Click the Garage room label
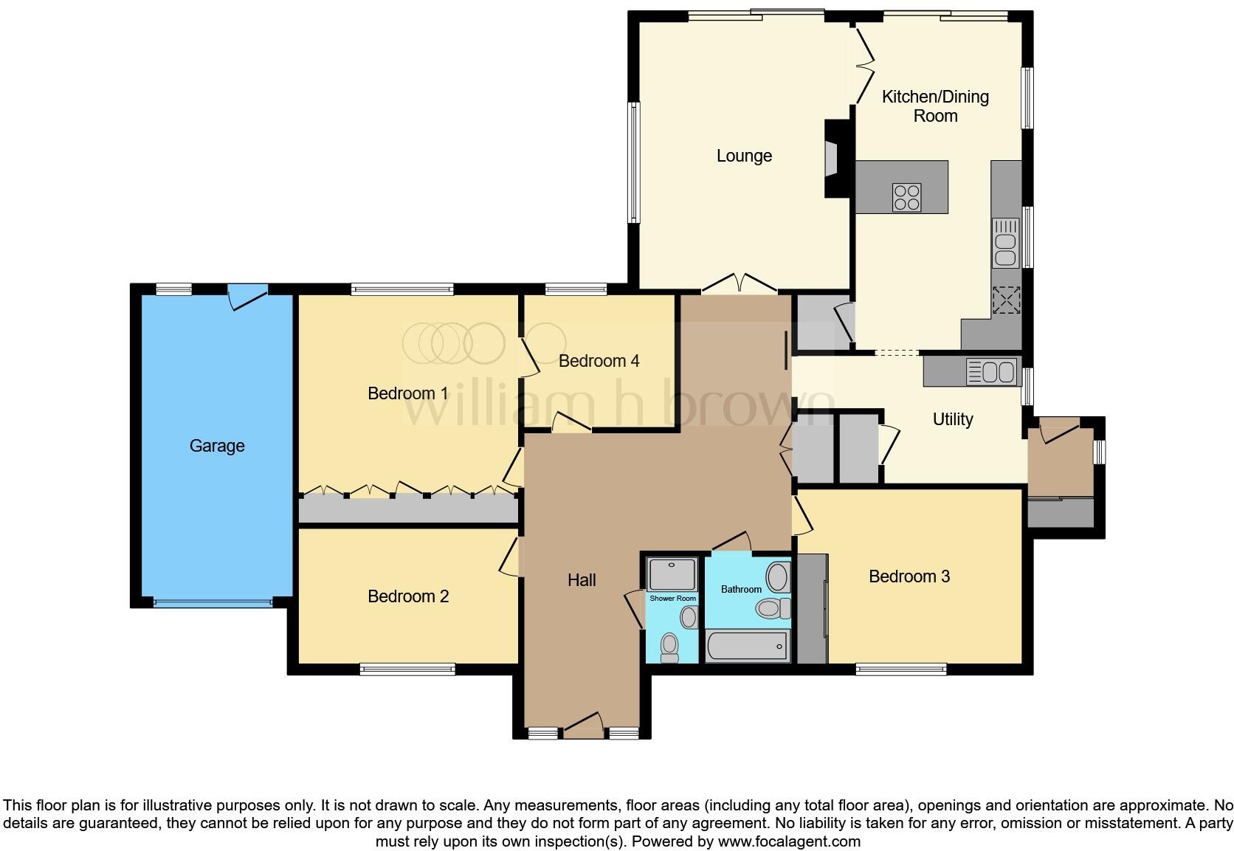[x=217, y=446]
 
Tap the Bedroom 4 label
[x=599, y=361]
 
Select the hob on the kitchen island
[x=907, y=197]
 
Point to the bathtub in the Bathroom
[x=747, y=647]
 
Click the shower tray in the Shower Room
[x=672, y=574]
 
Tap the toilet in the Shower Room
[x=669, y=647]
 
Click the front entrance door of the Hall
[x=584, y=726]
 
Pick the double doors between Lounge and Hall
[x=738, y=284]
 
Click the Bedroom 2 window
[x=407, y=669]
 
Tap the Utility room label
[x=952, y=419]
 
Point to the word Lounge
[x=744, y=156]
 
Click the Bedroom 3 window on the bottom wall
[x=901, y=669]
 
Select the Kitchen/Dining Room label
[x=935, y=106]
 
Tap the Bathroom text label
[x=741, y=589]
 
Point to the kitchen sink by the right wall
[x=1004, y=242]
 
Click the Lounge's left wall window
[x=633, y=162]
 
